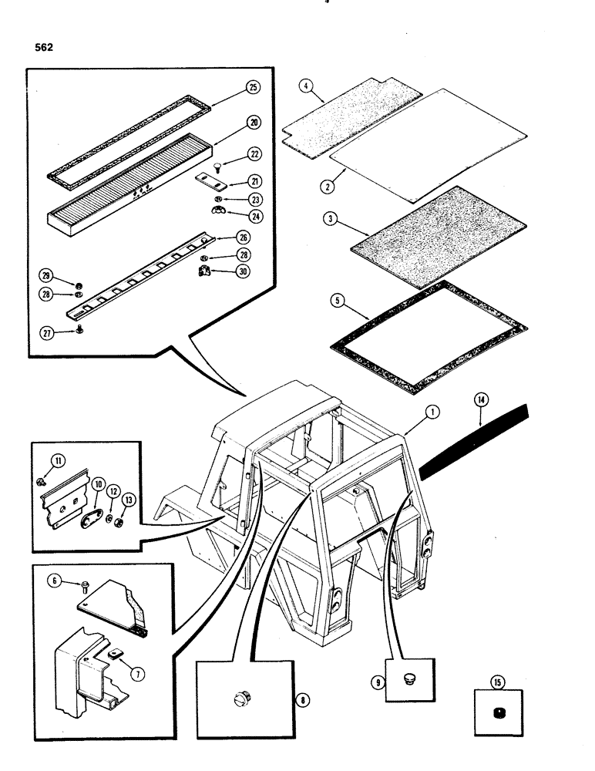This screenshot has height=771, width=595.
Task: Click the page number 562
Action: click(x=44, y=46)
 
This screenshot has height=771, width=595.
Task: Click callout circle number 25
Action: click(x=254, y=87)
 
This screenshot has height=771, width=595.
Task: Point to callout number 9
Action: click(x=379, y=682)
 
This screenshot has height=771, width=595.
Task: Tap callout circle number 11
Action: click(x=58, y=461)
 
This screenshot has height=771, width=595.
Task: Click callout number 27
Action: click(x=47, y=332)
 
